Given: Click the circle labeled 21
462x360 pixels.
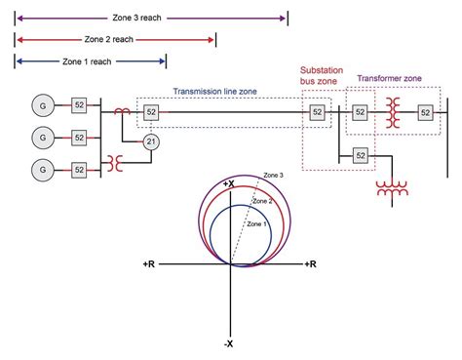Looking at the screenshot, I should pos(151,142).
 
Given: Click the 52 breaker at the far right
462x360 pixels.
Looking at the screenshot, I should pos(425,113).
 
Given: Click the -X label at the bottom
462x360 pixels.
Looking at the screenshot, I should pos(229,343).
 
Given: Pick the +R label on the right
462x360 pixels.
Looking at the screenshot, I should pos(309,264).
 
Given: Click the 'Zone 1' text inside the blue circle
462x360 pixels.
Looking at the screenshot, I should pos(255,223).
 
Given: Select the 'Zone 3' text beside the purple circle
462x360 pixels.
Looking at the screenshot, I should pos(274,176).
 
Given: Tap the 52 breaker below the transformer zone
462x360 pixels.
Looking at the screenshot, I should pos(360,155).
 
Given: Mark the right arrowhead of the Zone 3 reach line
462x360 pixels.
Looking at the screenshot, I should pos(285,18).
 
